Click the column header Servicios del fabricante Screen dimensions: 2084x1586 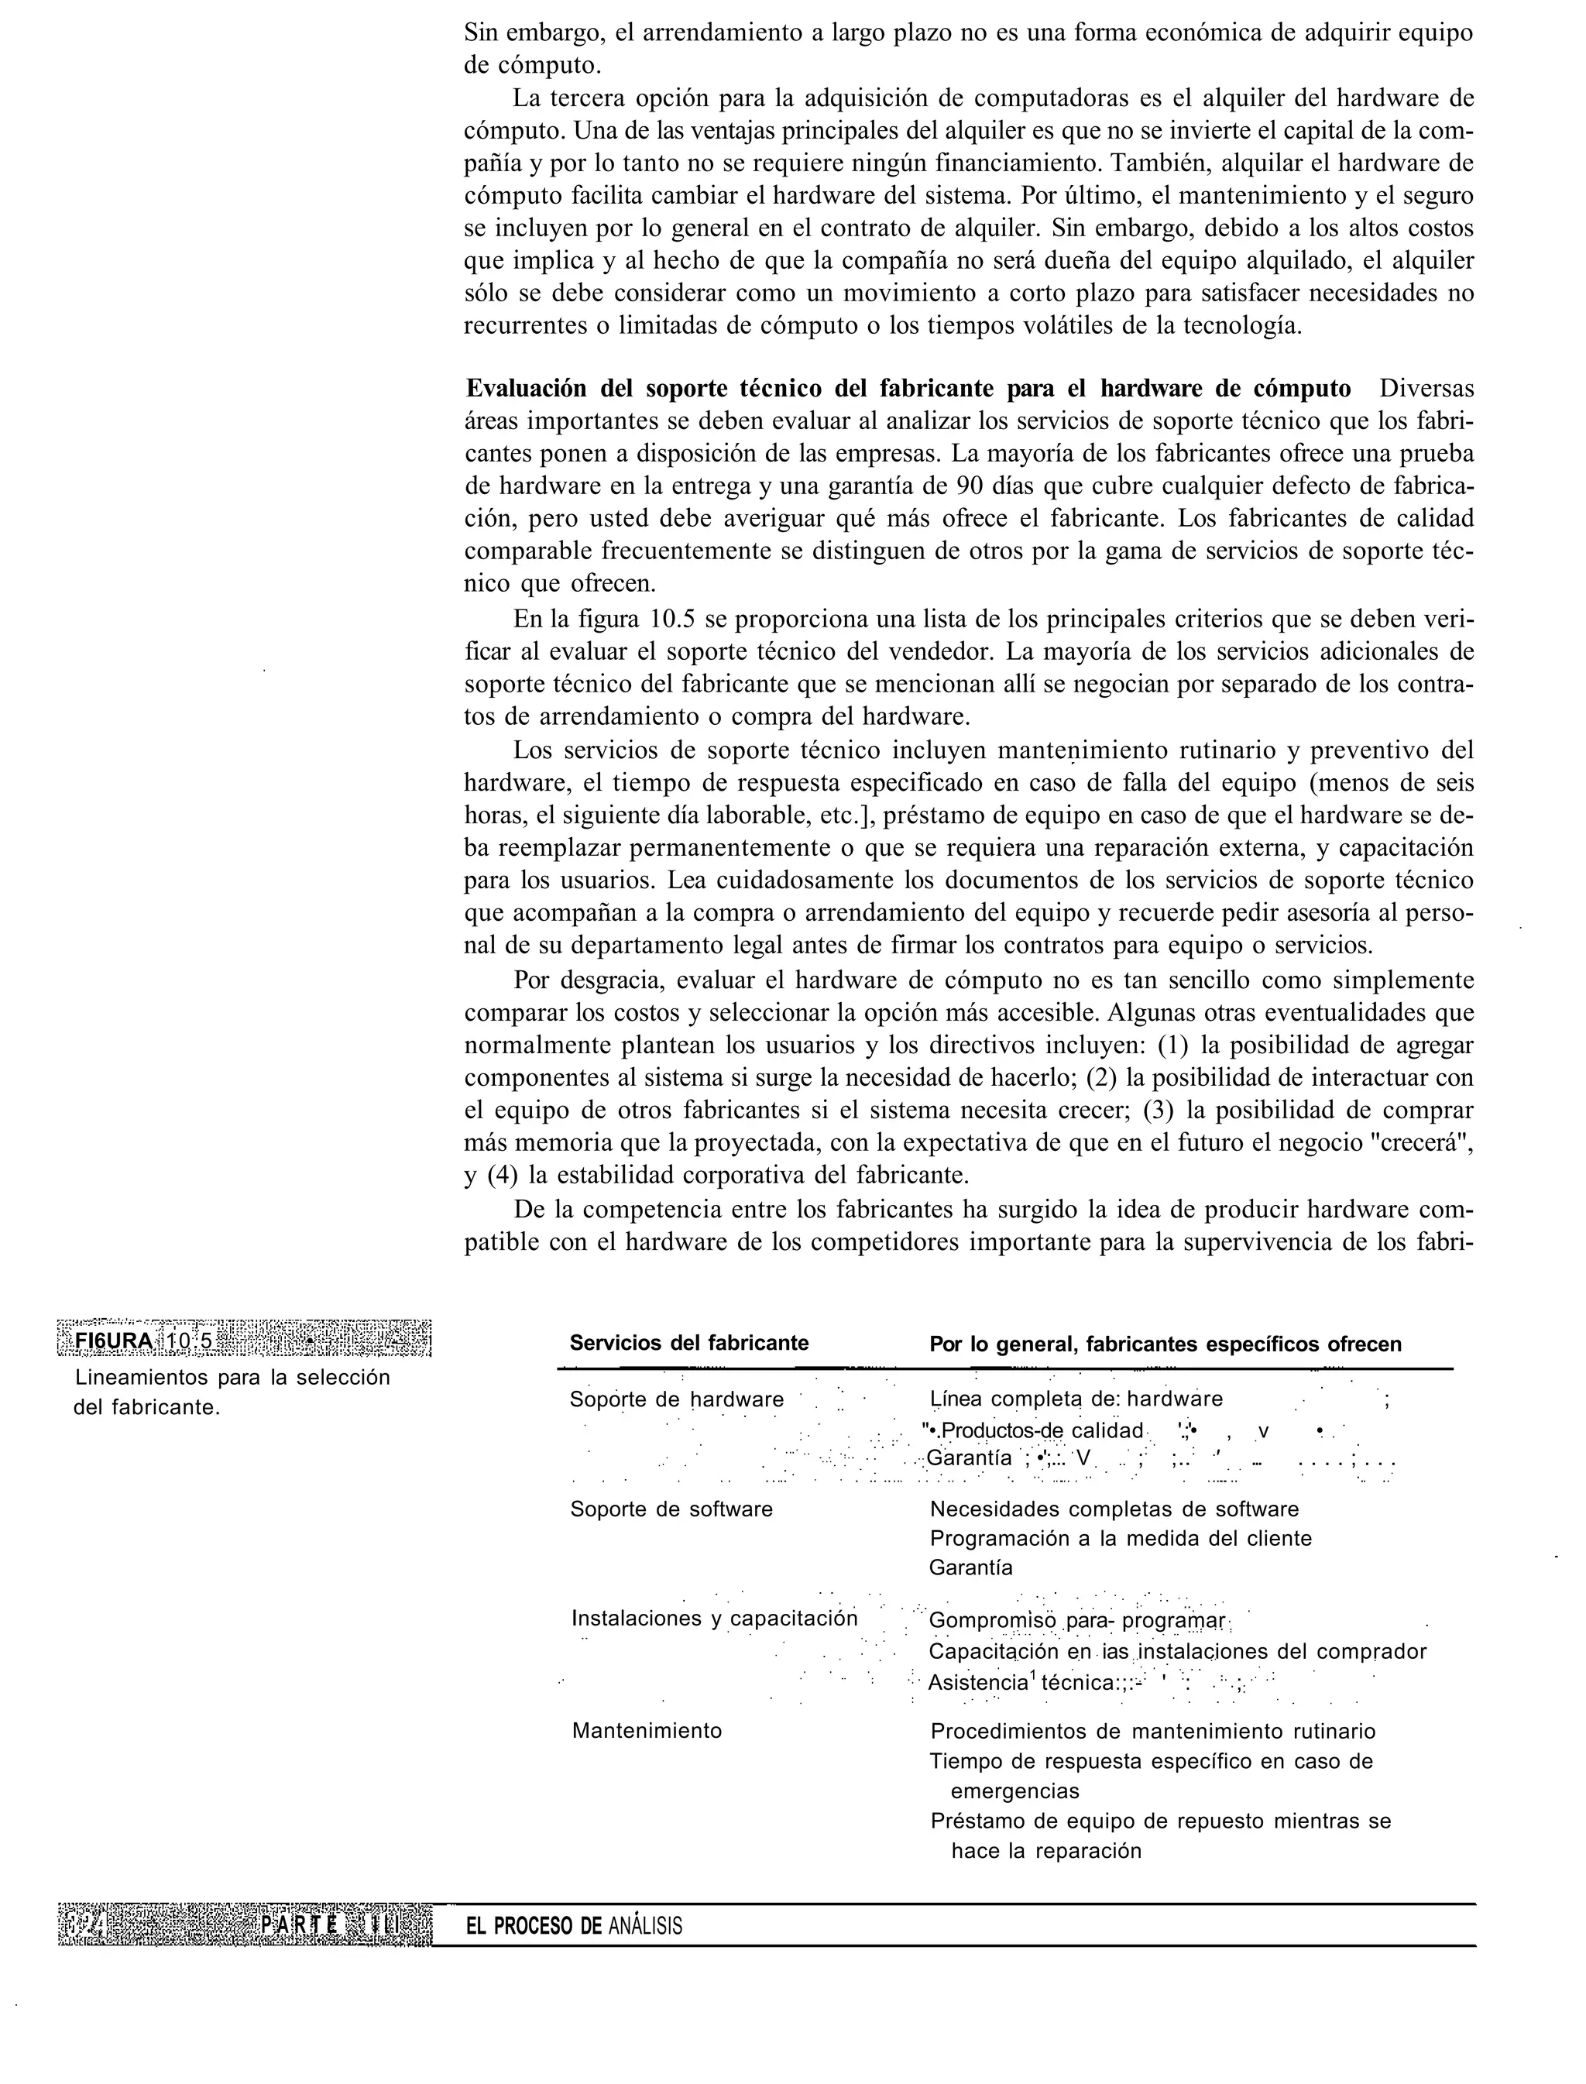(689, 1343)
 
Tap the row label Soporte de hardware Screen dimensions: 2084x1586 (677, 1399)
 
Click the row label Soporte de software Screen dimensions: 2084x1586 (671, 1509)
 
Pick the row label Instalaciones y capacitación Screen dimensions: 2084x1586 (715, 1619)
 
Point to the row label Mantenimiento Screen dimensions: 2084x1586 (647, 1731)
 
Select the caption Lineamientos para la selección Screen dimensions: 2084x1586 (232, 1377)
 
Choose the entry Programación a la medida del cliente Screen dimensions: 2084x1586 (1121, 1539)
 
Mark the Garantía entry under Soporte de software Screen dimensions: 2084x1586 (971, 1567)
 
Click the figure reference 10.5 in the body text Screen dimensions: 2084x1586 (673, 620)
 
